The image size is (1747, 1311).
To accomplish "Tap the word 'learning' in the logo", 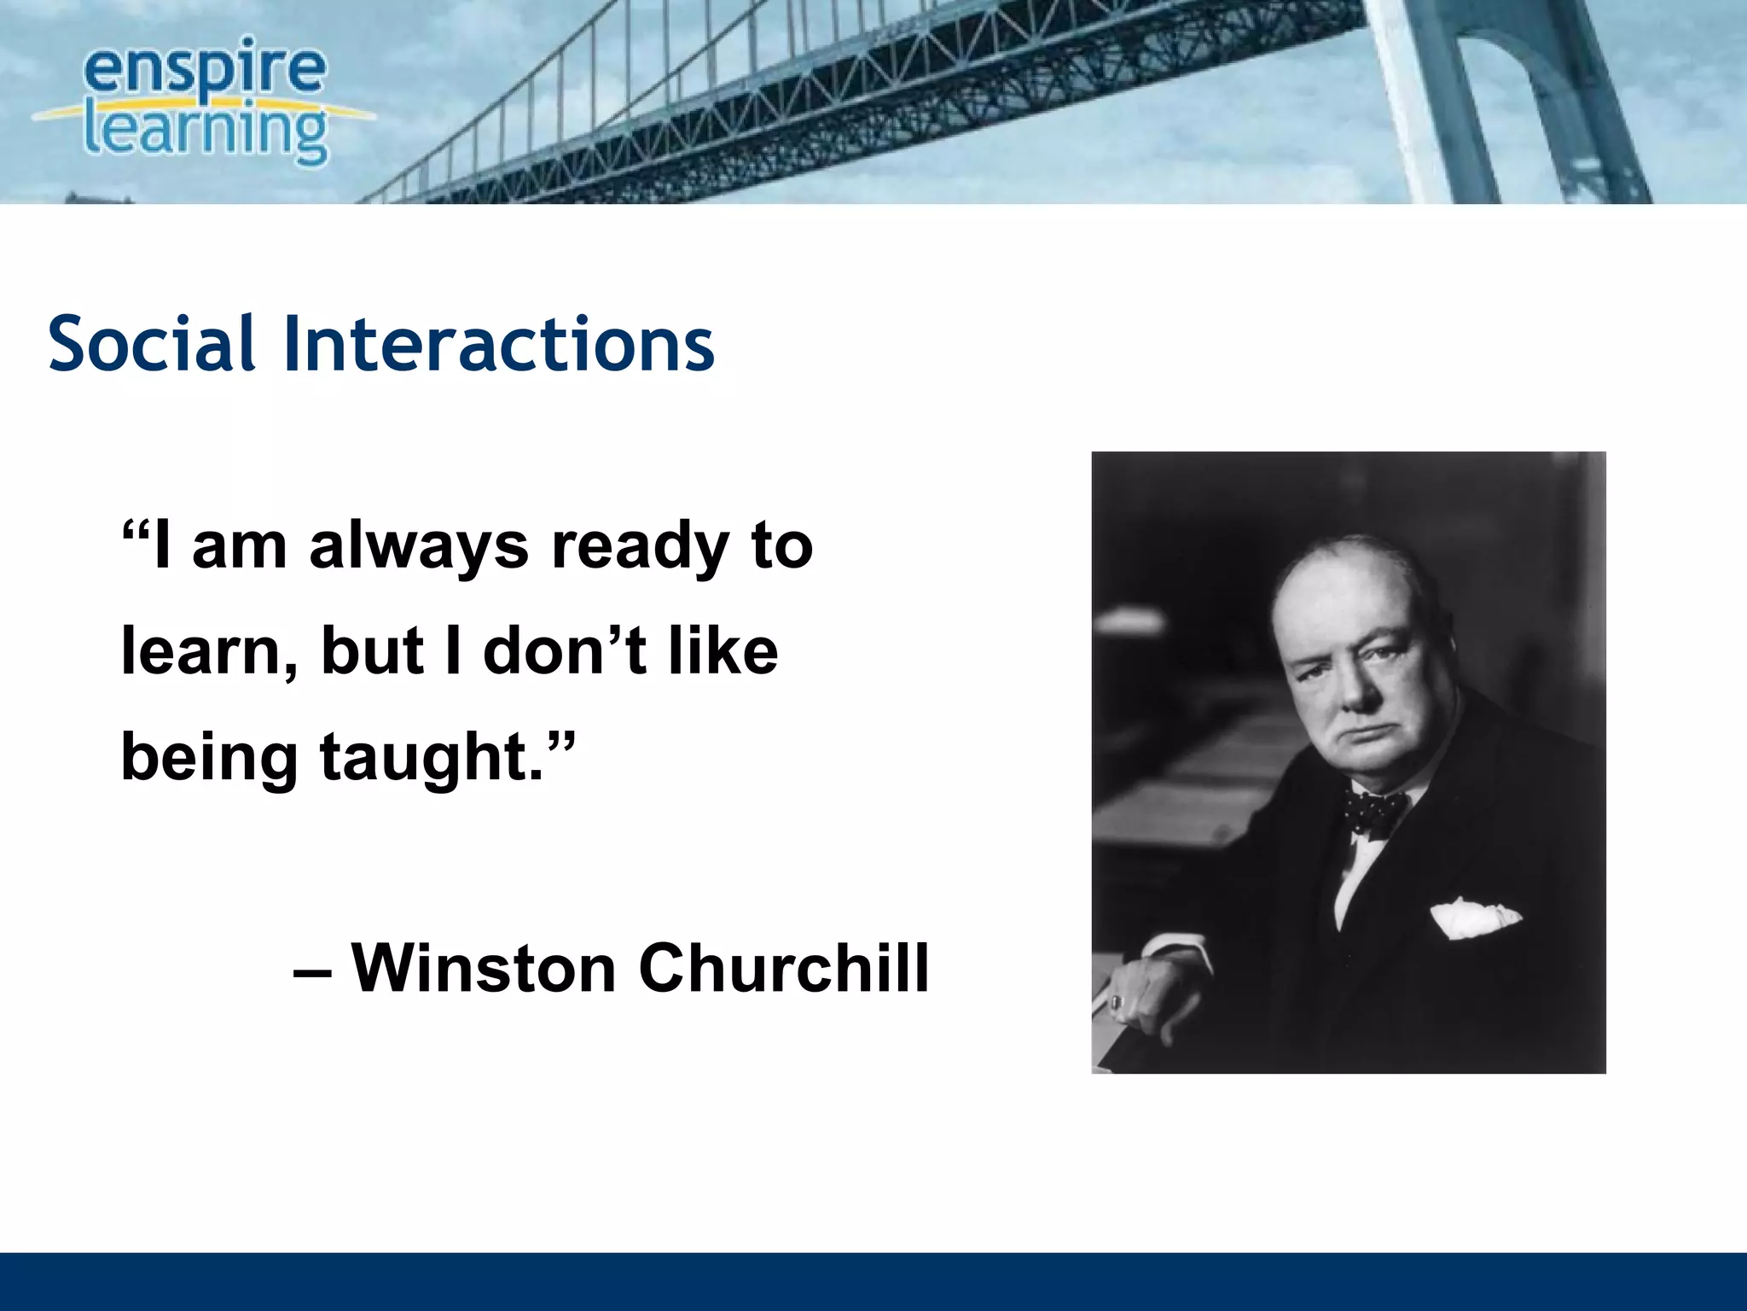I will tap(205, 132).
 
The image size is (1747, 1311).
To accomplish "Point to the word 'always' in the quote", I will tap(418, 547).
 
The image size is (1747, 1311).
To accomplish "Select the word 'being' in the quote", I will tap(209, 758).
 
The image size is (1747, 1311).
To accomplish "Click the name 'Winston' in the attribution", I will tap(484, 969).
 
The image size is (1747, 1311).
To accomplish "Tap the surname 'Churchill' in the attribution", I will tap(784, 969).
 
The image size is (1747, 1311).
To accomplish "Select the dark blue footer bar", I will tap(873, 1281).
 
